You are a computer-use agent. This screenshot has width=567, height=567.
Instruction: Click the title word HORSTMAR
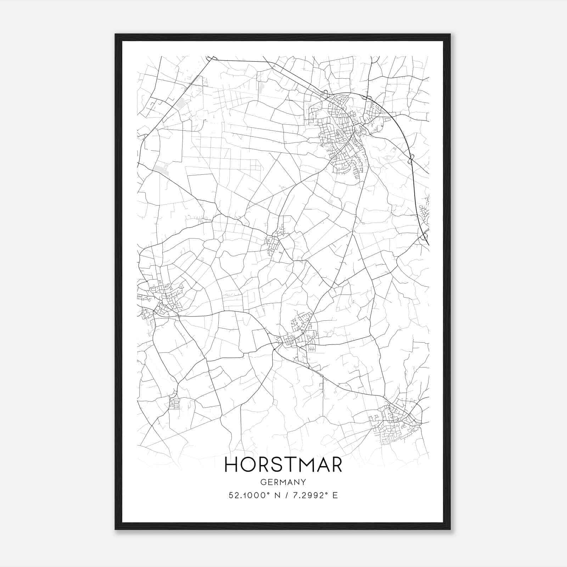point(283,465)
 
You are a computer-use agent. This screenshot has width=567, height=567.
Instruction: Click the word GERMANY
point(283,482)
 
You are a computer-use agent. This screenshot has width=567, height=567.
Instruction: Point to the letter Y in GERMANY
point(303,482)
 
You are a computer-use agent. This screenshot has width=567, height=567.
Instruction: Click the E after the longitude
point(335,495)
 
